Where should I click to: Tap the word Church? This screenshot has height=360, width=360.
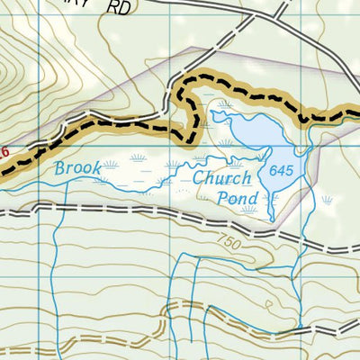click(221, 178)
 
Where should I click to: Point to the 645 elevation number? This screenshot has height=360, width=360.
click(281, 171)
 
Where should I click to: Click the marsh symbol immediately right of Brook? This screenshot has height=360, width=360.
click(111, 165)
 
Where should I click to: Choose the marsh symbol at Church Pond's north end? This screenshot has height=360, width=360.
click(222, 105)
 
